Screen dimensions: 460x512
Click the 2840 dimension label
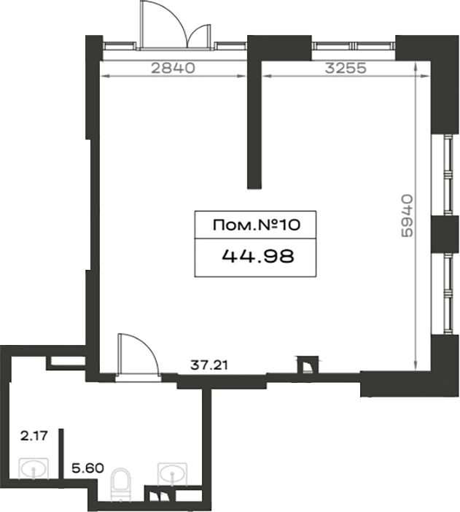tap(173, 68)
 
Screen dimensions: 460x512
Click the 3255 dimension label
tap(346, 68)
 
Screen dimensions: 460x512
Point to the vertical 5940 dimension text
tap(407, 215)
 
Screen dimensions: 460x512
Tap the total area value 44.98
tap(258, 256)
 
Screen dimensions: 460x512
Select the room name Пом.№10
tap(256, 225)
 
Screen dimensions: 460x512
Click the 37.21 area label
tap(209, 365)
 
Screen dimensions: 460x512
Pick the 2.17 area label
tap(34, 435)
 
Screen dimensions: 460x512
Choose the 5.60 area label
tap(87, 468)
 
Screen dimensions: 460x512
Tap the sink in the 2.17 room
tap(34, 468)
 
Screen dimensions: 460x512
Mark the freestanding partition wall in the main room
tap(254, 124)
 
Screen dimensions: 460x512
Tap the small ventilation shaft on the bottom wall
tap(307, 365)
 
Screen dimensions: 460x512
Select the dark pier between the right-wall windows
tap(445, 234)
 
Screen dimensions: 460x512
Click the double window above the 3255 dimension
tap(354, 46)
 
